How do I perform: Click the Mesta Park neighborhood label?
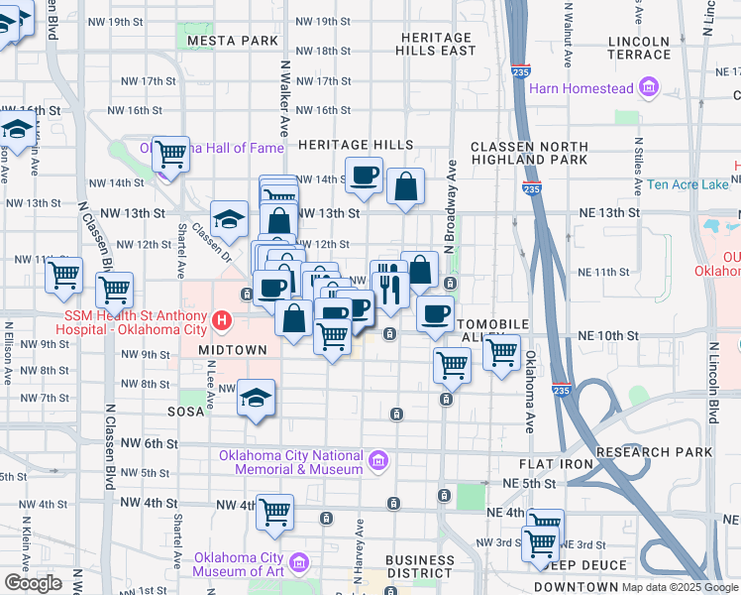tap(232, 41)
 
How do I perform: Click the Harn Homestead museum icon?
tap(650, 88)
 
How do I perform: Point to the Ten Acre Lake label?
tap(687, 184)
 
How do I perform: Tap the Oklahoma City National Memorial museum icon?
tap(377, 461)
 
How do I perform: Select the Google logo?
tap(34, 583)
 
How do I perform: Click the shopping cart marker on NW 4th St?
tap(274, 512)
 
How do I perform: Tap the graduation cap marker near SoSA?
tap(257, 399)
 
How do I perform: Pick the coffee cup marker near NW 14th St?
tap(365, 175)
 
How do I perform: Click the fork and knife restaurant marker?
tap(389, 284)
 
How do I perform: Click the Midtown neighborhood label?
tap(232, 350)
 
